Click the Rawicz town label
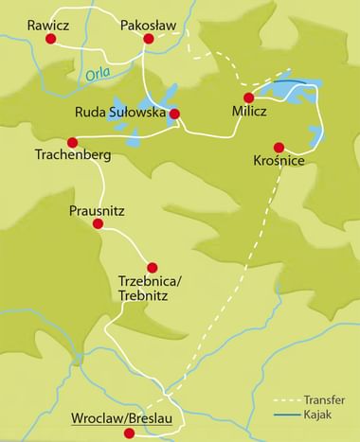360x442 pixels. pyautogui.click(x=48, y=25)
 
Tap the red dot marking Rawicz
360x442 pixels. pyautogui.click(x=63, y=41)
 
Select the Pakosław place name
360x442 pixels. pyautogui.click(x=150, y=25)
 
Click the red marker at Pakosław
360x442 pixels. pyautogui.click(x=148, y=40)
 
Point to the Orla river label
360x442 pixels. pyautogui.click(x=98, y=70)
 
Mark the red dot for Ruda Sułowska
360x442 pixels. pyautogui.click(x=174, y=115)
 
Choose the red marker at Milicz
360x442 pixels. pyautogui.click(x=249, y=97)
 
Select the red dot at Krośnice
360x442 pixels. pyautogui.click(x=279, y=147)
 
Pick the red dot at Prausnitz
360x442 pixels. pyautogui.click(x=99, y=223)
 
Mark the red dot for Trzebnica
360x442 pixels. pyautogui.click(x=152, y=268)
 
